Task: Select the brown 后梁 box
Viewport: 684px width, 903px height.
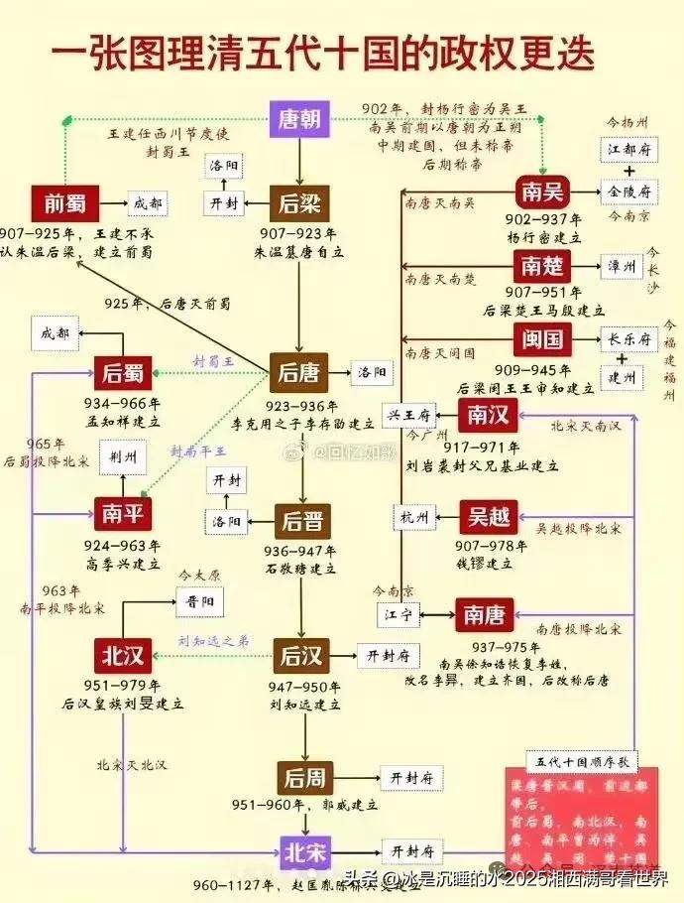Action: point(299,205)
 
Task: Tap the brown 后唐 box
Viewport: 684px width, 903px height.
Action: point(299,373)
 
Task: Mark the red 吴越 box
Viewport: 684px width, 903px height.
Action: point(489,516)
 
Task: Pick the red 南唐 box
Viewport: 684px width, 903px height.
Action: point(483,615)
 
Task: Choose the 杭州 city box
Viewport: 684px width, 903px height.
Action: point(411,517)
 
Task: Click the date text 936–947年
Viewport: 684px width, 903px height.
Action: point(298,551)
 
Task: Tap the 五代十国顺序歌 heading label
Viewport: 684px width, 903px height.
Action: point(580,762)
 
